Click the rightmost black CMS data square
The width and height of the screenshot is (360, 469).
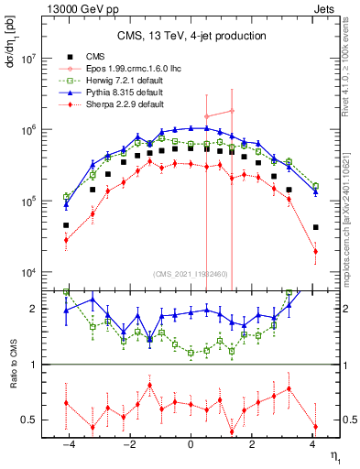pos(315,227)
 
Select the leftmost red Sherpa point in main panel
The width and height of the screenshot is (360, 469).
pos(66,240)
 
